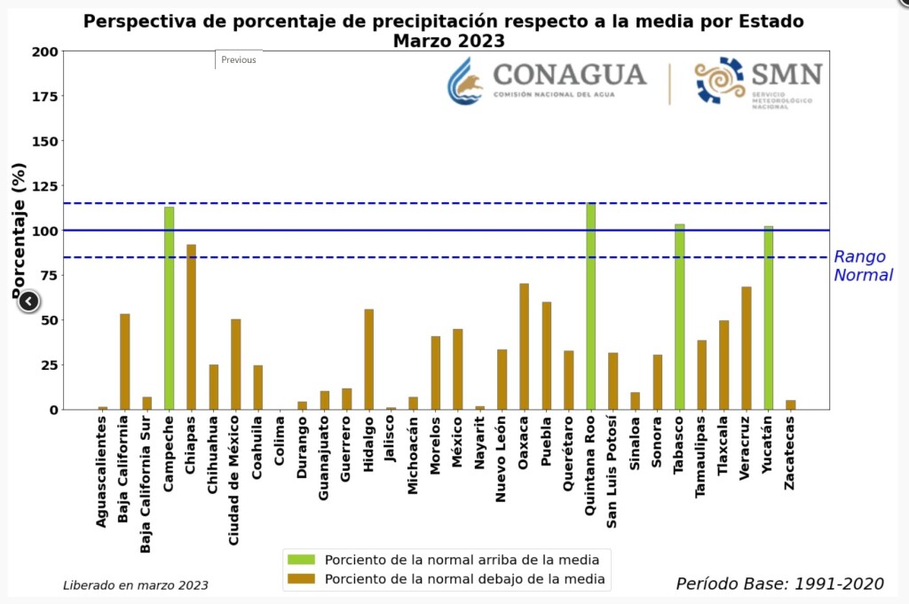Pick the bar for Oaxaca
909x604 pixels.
[x=524, y=346]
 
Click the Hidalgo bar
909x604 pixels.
[x=368, y=359]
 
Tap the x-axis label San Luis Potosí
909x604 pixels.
[x=613, y=471]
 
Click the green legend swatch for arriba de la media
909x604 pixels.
[x=301, y=560]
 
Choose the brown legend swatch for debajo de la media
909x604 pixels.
[x=301, y=579]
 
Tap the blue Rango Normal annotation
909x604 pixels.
[x=862, y=266]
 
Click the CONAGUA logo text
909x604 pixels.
[x=569, y=75]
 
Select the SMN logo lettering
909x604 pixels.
[x=786, y=74]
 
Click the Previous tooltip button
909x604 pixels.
[x=239, y=59]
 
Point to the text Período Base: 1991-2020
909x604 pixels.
[x=779, y=583]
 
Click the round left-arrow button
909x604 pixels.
[x=28, y=302]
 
